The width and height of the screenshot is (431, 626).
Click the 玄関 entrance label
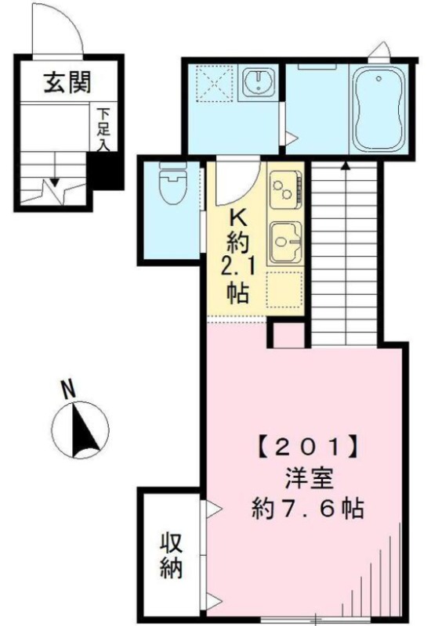67,82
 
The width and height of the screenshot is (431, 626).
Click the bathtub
378,109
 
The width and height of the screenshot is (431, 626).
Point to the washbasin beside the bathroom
259,82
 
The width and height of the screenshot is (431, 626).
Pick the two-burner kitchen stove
285,189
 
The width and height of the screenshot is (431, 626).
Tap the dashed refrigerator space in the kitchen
284,290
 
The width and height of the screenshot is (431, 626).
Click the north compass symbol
81,430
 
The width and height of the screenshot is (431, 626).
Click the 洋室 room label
309,479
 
